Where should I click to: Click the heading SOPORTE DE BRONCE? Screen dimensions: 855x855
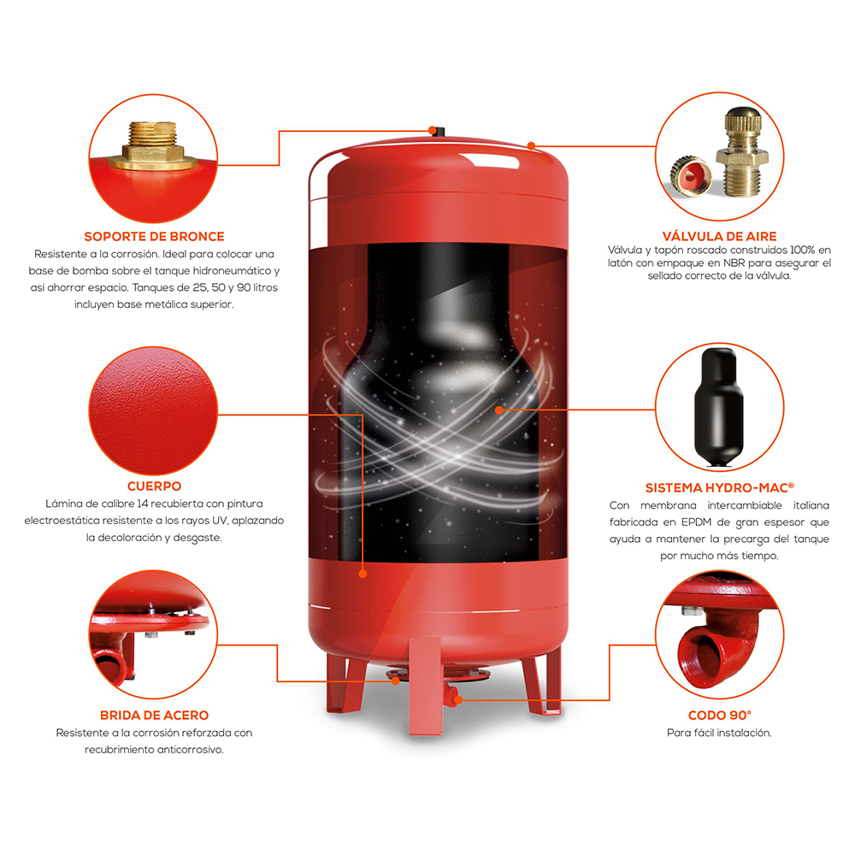click(154, 237)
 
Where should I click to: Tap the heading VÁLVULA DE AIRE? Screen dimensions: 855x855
click(719, 236)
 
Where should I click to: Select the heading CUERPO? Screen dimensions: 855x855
click(154, 486)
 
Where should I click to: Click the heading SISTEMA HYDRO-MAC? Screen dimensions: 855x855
click(719, 487)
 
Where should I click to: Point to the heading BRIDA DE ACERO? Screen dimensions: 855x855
click(154, 716)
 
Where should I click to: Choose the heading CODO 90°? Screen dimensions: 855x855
click(719, 716)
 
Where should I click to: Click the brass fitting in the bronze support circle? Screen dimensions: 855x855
click(153, 145)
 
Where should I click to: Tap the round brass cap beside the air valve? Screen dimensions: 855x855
click(690, 175)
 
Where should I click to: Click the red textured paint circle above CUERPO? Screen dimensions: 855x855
click(153, 410)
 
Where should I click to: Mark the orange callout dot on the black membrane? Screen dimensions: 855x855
click(499, 410)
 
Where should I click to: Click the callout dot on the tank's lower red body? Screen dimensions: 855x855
click(363, 574)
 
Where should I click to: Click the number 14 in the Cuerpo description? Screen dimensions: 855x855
click(143, 504)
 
